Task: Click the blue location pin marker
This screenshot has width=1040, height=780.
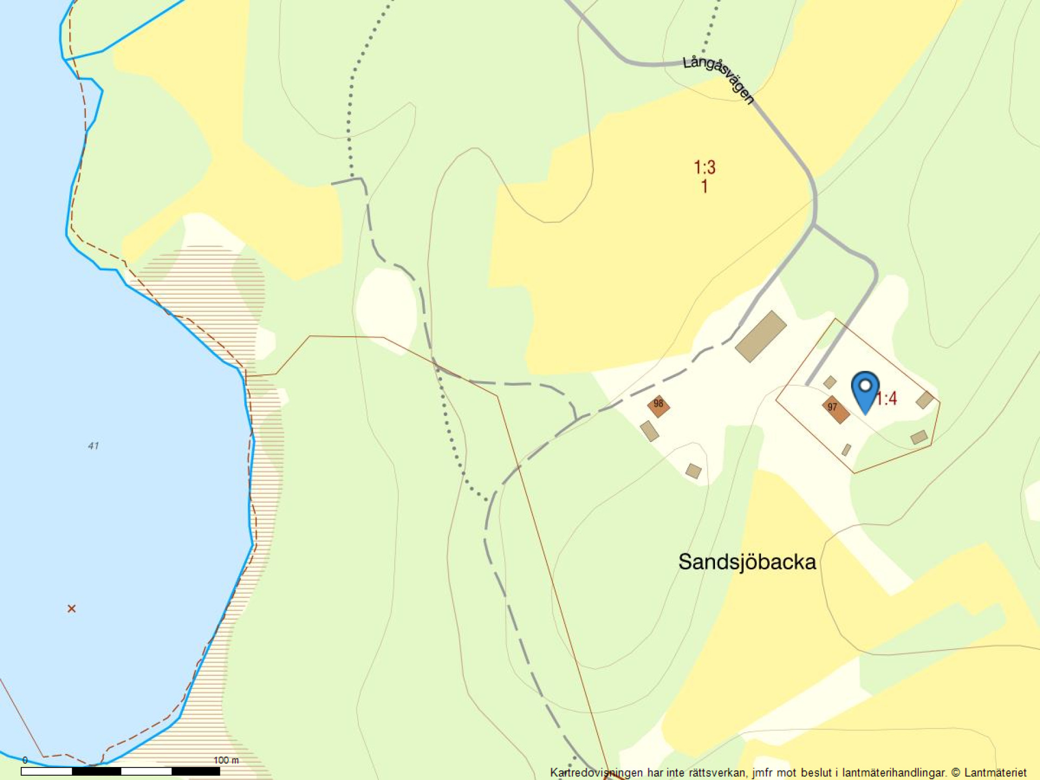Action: pyautogui.click(x=865, y=391)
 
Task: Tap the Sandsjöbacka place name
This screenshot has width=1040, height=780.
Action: pyautogui.click(x=747, y=562)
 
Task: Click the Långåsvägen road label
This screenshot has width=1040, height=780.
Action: pyautogui.click(x=718, y=79)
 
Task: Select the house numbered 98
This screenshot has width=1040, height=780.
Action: pyautogui.click(x=659, y=406)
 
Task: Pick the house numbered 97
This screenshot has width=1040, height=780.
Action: pyautogui.click(x=835, y=409)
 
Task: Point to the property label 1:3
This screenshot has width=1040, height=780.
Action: pyautogui.click(x=705, y=167)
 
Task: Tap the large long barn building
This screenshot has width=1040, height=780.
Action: pyautogui.click(x=760, y=336)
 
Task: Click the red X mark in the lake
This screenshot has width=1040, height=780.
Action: pyautogui.click(x=71, y=609)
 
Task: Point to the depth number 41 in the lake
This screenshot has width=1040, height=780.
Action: pyautogui.click(x=93, y=446)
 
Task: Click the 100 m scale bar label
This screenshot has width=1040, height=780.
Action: pyautogui.click(x=226, y=760)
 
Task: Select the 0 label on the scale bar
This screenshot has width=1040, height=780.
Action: pyautogui.click(x=25, y=760)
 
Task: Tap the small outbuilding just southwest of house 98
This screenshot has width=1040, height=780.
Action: pyautogui.click(x=649, y=431)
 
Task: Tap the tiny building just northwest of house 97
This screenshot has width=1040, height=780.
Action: pyautogui.click(x=830, y=382)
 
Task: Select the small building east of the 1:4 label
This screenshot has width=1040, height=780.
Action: pyautogui.click(x=925, y=400)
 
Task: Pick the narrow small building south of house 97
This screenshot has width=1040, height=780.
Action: pyautogui.click(x=846, y=450)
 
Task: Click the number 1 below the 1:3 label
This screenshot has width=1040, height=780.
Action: pyautogui.click(x=704, y=187)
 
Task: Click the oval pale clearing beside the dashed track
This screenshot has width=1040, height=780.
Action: pyautogui.click(x=386, y=308)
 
